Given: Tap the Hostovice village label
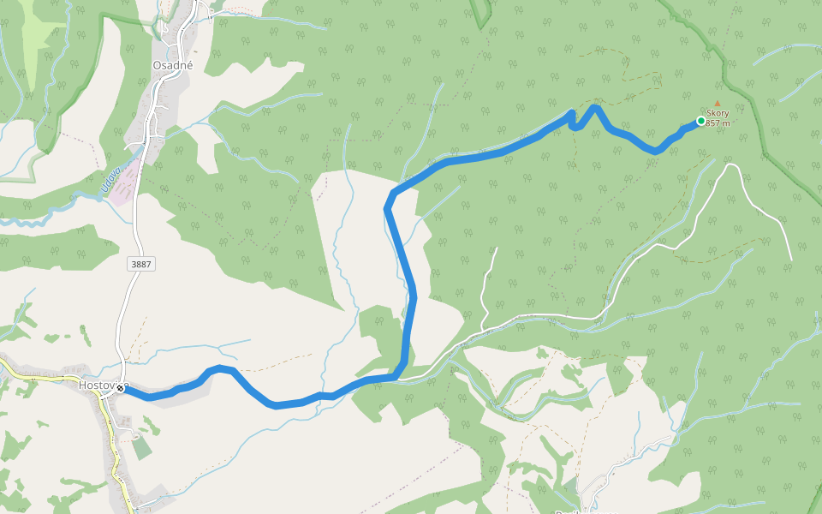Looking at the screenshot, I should point(96,385).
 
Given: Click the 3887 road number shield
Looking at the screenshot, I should point(141,265).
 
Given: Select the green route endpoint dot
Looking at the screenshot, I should point(701,121).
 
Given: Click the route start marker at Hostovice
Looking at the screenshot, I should point(121,389).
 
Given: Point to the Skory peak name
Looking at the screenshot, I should point(718,113).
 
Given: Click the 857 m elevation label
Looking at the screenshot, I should point(718,123).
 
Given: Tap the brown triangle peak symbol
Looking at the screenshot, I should point(718,104).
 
